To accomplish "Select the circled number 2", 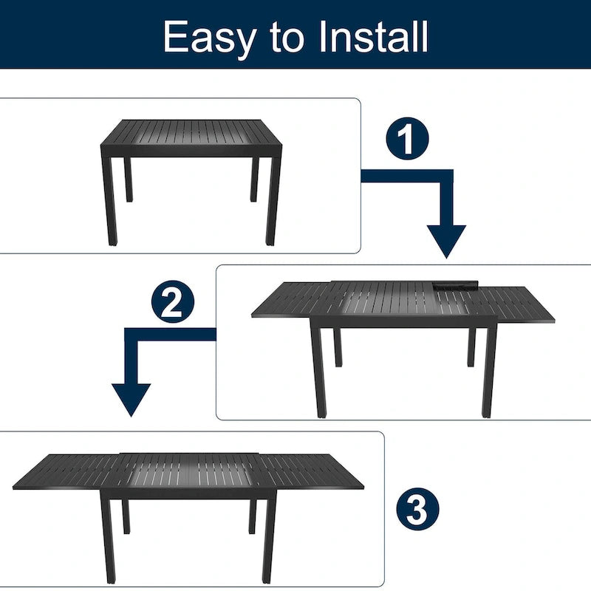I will [172, 302].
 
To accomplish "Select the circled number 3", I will [417, 509].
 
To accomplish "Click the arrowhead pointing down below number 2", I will [131, 400].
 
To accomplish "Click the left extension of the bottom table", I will [70, 472].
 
